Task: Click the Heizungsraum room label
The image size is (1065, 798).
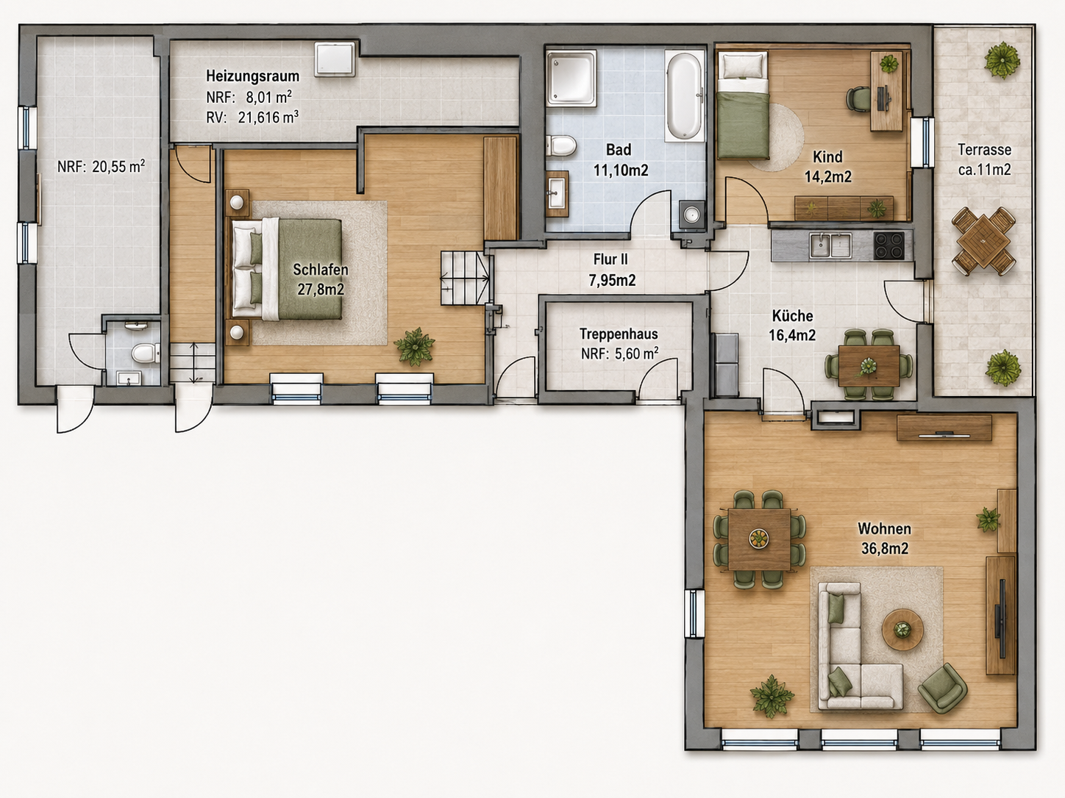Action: click(252, 76)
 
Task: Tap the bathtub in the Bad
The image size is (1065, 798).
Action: click(684, 96)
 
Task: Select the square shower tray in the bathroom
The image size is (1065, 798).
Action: click(571, 78)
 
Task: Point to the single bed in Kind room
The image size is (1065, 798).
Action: click(743, 106)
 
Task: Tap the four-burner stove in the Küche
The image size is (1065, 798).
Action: click(889, 245)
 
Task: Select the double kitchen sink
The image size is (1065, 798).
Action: click(830, 245)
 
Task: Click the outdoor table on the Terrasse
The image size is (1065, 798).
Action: click(983, 241)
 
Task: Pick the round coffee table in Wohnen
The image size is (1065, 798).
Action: click(902, 630)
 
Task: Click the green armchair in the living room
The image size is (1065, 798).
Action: click(941, 688)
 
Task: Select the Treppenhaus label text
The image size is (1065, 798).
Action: click(619, 334)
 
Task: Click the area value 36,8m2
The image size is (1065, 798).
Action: click(885, 548)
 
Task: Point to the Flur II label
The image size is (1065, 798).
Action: click(610, 259)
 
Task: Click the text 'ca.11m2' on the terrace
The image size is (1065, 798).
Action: click(984, 170)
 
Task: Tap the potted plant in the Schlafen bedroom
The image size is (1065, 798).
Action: click(414, 346)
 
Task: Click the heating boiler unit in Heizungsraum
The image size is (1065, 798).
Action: click(335, 59)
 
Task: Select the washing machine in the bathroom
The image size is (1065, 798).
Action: click(691, 214)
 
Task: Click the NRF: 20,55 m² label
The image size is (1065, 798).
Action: click(101, 167)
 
